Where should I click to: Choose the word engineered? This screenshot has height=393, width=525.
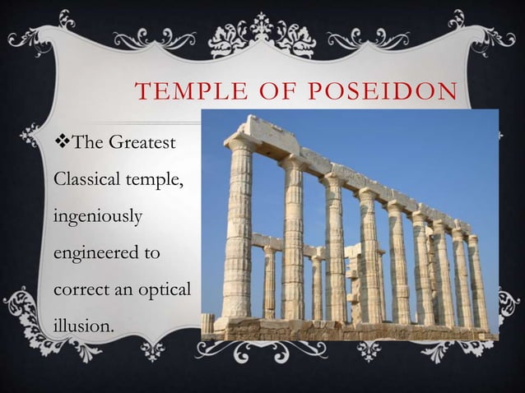click(90, 250)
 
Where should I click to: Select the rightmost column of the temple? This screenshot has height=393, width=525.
click(477, 280)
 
